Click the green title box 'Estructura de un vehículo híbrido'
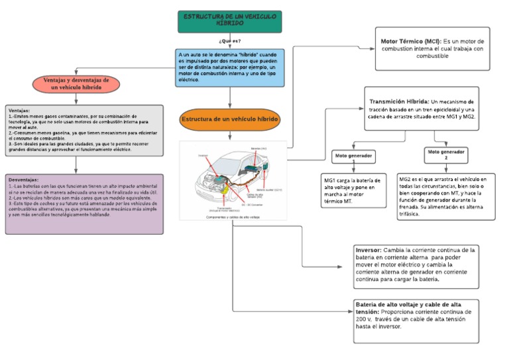pyautogui.click(x=230, y=21)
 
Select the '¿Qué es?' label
pyautogui.click(x=230, y=41)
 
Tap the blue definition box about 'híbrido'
pyautogui.click(x=230, y=67)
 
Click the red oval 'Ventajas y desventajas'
pyautogui.click(x=76, y=84)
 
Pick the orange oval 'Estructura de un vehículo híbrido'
pyautogui.click(x=230, y=119)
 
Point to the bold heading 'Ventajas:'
pyautogui.click(x=19, y=111)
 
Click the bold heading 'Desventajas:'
pyautogui.click(x=24, y=180)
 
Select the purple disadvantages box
pyautogui.click(x=84, y=204)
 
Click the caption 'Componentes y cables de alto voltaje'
pyautogui.click(x=233, y=217)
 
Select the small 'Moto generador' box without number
pyautogui.click(x=353, y=156)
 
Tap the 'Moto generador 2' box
pyautogui.click(x=446, y=154)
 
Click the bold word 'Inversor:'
pyautogui.click(x=368, y=250)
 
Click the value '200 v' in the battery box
pyautogui.click(x=364, y=319)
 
